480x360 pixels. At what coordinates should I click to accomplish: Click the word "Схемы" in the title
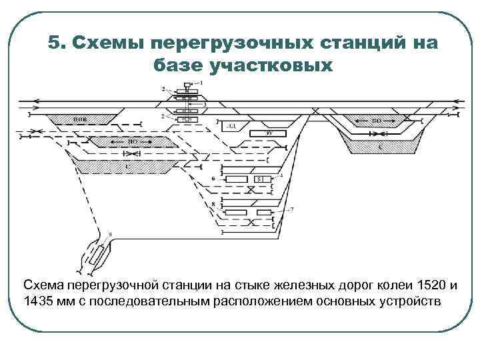(107, 43)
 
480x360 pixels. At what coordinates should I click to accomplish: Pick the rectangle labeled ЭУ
(269, 133)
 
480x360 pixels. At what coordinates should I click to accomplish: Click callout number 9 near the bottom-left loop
(110, 233)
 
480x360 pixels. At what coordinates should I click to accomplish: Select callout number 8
(212, 203)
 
